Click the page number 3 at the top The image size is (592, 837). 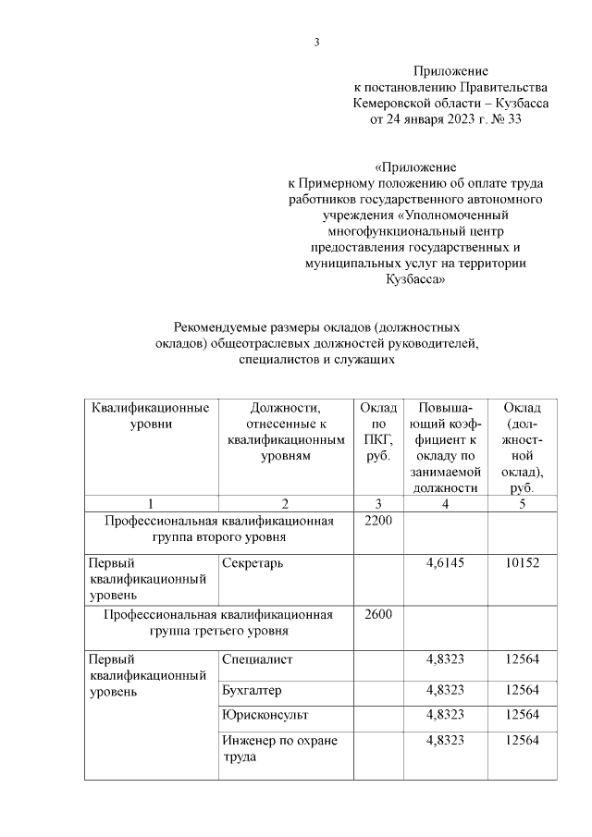(x=316, y=42)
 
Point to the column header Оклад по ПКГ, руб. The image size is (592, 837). (x=378, y=432)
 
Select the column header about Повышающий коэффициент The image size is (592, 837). (x=446, y=448)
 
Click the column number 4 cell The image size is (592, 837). (x=446, y=503)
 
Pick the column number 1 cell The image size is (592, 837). (x=150, y=503)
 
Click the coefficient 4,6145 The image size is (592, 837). (x=446, y=562)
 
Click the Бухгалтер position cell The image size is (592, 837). (x=253, y=691)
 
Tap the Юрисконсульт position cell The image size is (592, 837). (x=265, y=716)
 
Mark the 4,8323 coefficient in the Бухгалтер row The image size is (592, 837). (x=446, y=691)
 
